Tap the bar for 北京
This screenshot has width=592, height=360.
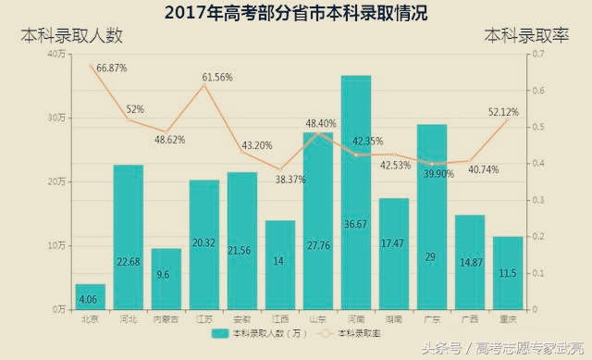coord(91,296)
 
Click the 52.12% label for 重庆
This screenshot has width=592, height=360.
coord(503,112)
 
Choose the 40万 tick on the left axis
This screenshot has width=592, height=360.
coord(55,55)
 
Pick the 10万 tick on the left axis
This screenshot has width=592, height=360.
coord(55,245)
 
